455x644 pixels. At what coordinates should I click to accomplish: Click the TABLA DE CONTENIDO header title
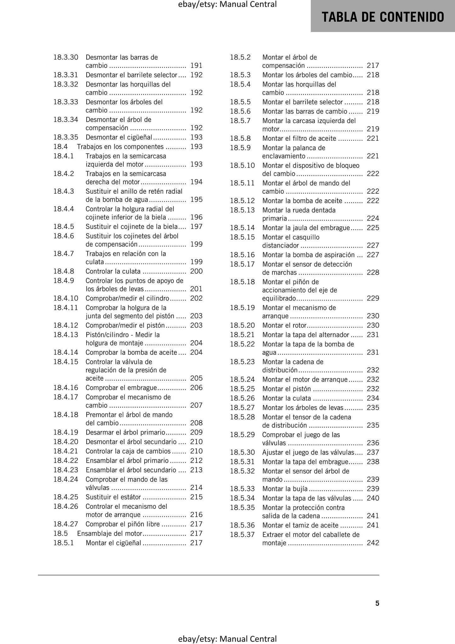[x=383, y=17]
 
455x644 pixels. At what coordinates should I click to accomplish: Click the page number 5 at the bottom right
[x=377, y=603]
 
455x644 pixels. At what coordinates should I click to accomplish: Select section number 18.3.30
[x=65, y=57]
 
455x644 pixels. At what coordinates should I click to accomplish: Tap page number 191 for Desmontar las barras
[x=196, y=66]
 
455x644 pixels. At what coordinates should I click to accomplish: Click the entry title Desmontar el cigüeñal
[x=119, y=137]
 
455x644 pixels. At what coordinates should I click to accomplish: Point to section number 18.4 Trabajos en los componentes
[x=60, y=147]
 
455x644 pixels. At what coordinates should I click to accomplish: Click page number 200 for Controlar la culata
[x=196, y=271]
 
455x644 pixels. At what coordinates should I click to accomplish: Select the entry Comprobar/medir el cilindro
[x=128, y=298]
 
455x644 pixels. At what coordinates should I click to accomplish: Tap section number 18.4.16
[x=65, y=388]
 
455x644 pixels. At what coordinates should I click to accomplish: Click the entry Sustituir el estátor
[x=113, y=497]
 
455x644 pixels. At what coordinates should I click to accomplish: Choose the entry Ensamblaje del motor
[x=110, y=533]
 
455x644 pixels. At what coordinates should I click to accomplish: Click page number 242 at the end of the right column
[x=373, y=543]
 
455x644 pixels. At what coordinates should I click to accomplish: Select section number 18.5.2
[x=240, y=57]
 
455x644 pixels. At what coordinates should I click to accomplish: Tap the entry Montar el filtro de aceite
[x=299, y=139]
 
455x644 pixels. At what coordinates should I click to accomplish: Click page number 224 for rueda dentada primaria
[x=373, y=219]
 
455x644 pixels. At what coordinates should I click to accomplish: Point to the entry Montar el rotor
[x=284, y=325]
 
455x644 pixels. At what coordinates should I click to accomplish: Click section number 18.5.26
[x=242, y=398]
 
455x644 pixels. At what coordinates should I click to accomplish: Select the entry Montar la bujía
[x=285, y=489]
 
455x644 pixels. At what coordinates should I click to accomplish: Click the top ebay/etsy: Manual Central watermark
[x=227, y=4]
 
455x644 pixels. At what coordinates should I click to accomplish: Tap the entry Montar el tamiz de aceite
[x=300, y=525]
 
